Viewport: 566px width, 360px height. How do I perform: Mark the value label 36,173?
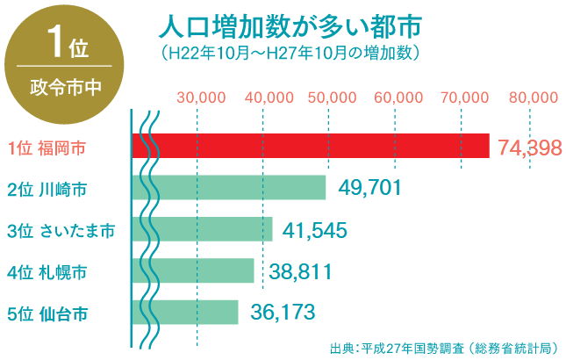(x=283, y=312)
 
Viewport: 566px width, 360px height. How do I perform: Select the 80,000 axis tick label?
(x=533, y=97)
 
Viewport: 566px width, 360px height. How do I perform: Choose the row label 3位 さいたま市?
(x=60, y=230)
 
